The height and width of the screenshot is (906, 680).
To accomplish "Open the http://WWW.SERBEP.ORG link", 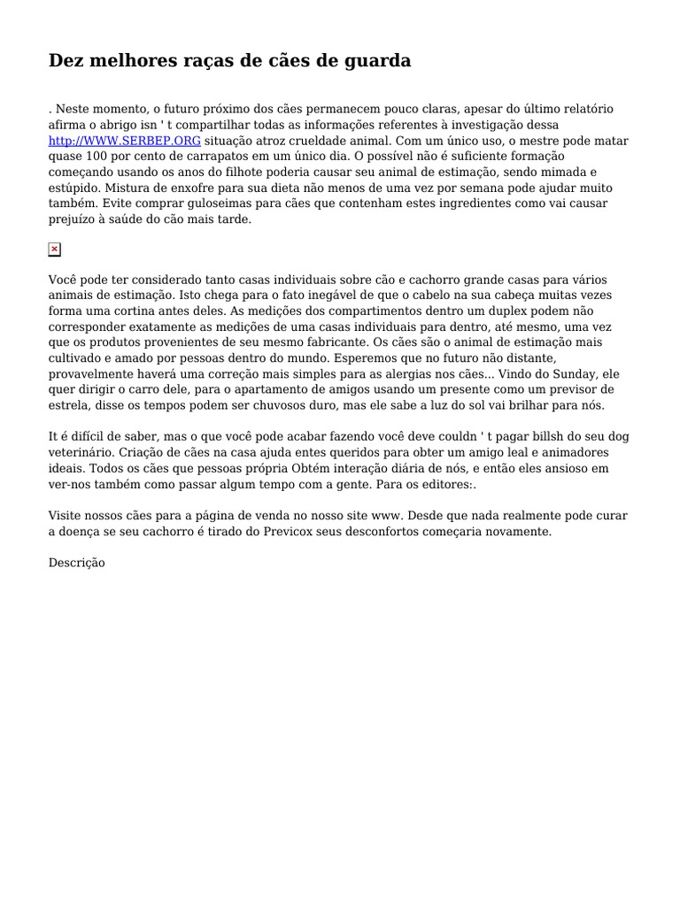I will tap(125, 141).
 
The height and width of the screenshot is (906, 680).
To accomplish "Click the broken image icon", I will tap(55, 250).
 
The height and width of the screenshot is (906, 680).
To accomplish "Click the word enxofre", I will tap(186, 188).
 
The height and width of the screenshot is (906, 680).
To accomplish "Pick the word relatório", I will tap(581, 109).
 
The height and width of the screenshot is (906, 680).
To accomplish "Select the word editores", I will tap(446, 486).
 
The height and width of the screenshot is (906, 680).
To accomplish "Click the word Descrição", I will tap(77, 563).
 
